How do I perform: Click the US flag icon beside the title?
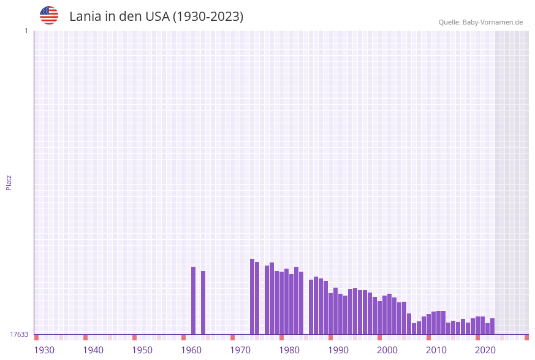pos(49,15)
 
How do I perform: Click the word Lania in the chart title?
pos(85,17)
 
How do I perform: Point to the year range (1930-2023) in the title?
pos(208,17)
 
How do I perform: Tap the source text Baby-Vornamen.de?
pos(480,22)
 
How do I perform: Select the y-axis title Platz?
pos(9,182)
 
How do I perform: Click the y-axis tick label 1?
pos(26,31)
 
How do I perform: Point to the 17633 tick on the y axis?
pos(19,334)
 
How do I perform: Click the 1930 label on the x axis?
pos(44,350)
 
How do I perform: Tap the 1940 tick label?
pos(93,350)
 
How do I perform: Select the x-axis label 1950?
pos(142,350)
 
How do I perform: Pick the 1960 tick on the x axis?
pos(191,350)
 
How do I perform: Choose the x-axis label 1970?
pos(240,350)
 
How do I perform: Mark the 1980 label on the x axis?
pos(289,350)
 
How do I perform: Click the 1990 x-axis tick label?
pos(338,350)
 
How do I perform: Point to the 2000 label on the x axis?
pos(387,350)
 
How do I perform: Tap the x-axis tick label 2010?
pos(436,350)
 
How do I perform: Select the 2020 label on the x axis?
pos(485,350)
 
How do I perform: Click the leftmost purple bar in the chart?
pos(194,301)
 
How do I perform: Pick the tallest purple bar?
pos(252,297)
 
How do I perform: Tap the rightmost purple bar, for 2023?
pos(493,326)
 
